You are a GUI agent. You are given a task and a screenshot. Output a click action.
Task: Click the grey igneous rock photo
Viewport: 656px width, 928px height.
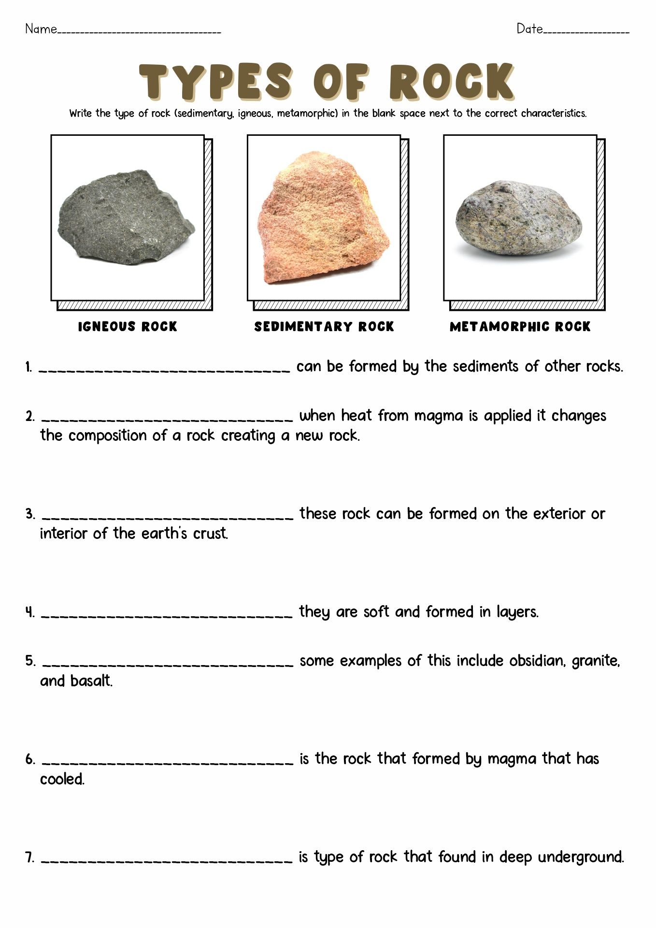coord(126,217)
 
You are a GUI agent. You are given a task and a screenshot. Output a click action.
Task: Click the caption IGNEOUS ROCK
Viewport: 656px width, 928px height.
coord(128,327)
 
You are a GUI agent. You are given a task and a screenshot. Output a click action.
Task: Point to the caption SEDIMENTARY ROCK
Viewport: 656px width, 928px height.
coord(324,327)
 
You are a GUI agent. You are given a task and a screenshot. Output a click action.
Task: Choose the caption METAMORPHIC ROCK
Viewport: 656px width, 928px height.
coord(520,327)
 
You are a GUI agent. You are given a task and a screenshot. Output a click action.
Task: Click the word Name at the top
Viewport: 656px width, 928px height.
coord(41,29)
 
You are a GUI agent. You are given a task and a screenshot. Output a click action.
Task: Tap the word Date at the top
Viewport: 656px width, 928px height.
coord(529,29)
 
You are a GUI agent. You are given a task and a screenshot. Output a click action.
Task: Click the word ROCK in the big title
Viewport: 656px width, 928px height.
coord(451,82)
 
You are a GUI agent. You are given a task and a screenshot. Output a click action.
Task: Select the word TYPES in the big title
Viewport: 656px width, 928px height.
coord(215,82)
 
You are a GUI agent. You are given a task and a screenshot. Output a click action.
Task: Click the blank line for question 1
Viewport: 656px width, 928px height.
coord(164,370)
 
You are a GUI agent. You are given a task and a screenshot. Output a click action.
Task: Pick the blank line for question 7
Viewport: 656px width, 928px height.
coord(167,861)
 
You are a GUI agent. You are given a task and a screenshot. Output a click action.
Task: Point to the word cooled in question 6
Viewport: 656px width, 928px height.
coord(62,779)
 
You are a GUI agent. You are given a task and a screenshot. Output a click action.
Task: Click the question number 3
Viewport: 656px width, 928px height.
coord(30,514)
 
